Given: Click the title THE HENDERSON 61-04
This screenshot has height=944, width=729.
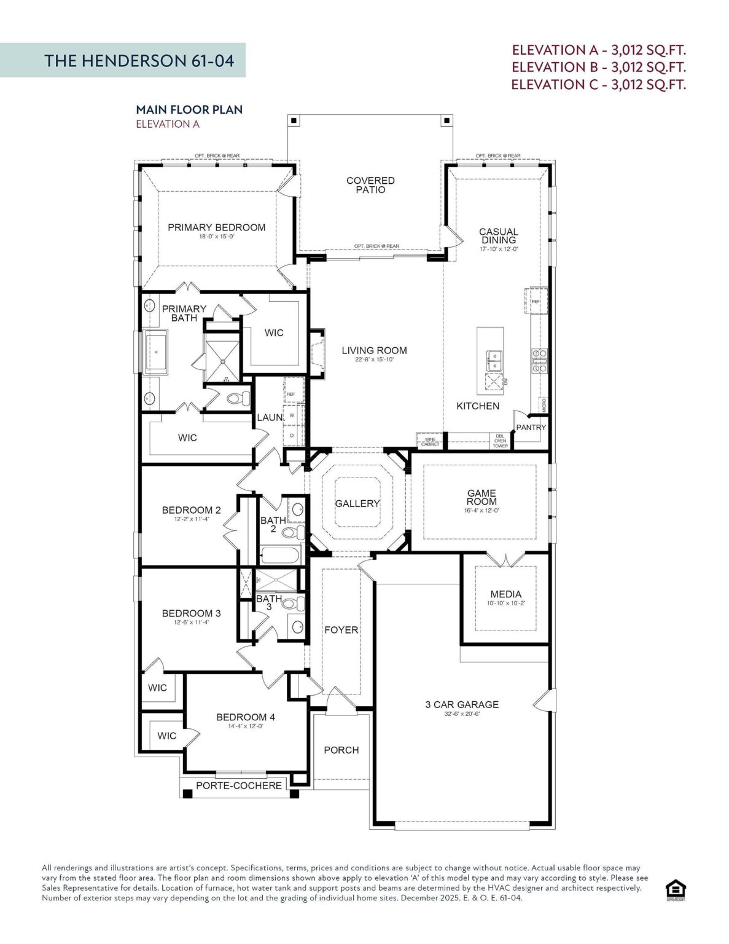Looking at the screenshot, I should click(139, 60).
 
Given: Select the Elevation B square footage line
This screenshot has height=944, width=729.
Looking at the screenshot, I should click(598, 67).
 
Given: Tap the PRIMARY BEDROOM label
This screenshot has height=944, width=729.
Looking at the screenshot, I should click(216, 227).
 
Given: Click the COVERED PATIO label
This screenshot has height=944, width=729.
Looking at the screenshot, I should click(370, 185).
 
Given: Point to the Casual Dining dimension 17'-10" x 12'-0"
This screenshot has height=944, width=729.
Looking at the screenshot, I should click(499, 250).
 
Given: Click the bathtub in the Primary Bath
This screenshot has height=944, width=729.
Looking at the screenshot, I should click(156, 352).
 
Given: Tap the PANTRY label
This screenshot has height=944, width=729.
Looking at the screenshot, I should click(531, 427).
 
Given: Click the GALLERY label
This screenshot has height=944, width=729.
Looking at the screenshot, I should click(357, 503).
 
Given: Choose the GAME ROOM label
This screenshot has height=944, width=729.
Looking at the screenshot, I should click(481, 497).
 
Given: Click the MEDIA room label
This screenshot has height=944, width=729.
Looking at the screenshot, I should click(506, 594).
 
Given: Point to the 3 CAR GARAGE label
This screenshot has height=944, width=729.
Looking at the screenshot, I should click(462, 704).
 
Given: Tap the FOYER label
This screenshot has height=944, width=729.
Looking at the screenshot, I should click(341, 630).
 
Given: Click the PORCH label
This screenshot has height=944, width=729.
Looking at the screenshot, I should click(341, 750).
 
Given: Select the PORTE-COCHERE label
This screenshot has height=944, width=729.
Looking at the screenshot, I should click(239, 785).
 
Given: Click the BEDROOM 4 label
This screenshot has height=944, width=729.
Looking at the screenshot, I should click(246, 717).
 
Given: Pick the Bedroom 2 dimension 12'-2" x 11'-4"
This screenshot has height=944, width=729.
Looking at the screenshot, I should click(191, 519).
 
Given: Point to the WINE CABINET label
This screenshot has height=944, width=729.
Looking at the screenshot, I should click(430, 441).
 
